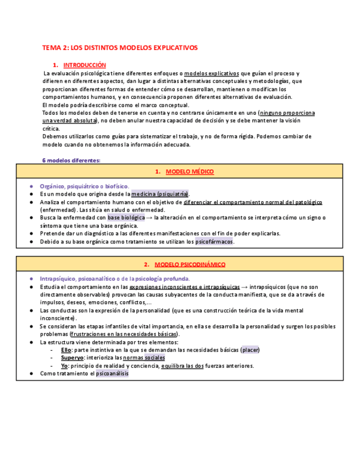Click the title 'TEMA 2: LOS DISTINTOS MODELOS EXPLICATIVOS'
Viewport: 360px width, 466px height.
[x=120, y=48]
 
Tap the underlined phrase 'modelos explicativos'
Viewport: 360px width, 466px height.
[x=211, y=73]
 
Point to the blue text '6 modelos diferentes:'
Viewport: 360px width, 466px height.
[x=71, y=160]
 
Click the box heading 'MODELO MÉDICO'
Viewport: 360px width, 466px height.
[x=190, y=172]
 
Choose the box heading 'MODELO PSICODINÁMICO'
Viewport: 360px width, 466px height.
[x=190, y=264]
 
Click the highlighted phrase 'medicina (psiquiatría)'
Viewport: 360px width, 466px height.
[x=159, y=194]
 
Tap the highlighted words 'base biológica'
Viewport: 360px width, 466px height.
[x=126, y=218]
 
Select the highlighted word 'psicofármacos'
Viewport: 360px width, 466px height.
[x=214, y=241]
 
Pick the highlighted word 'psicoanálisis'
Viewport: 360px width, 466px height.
[x=112, y=373]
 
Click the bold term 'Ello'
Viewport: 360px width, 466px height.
[x=66, y=350]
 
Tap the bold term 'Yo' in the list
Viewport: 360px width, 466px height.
[x=64, y=365]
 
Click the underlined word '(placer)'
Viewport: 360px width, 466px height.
[x=251, y=350]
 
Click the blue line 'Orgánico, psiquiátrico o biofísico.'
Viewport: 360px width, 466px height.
[x=84, y=186]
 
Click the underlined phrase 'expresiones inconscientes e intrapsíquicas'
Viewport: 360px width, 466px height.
[x=184, y=287]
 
